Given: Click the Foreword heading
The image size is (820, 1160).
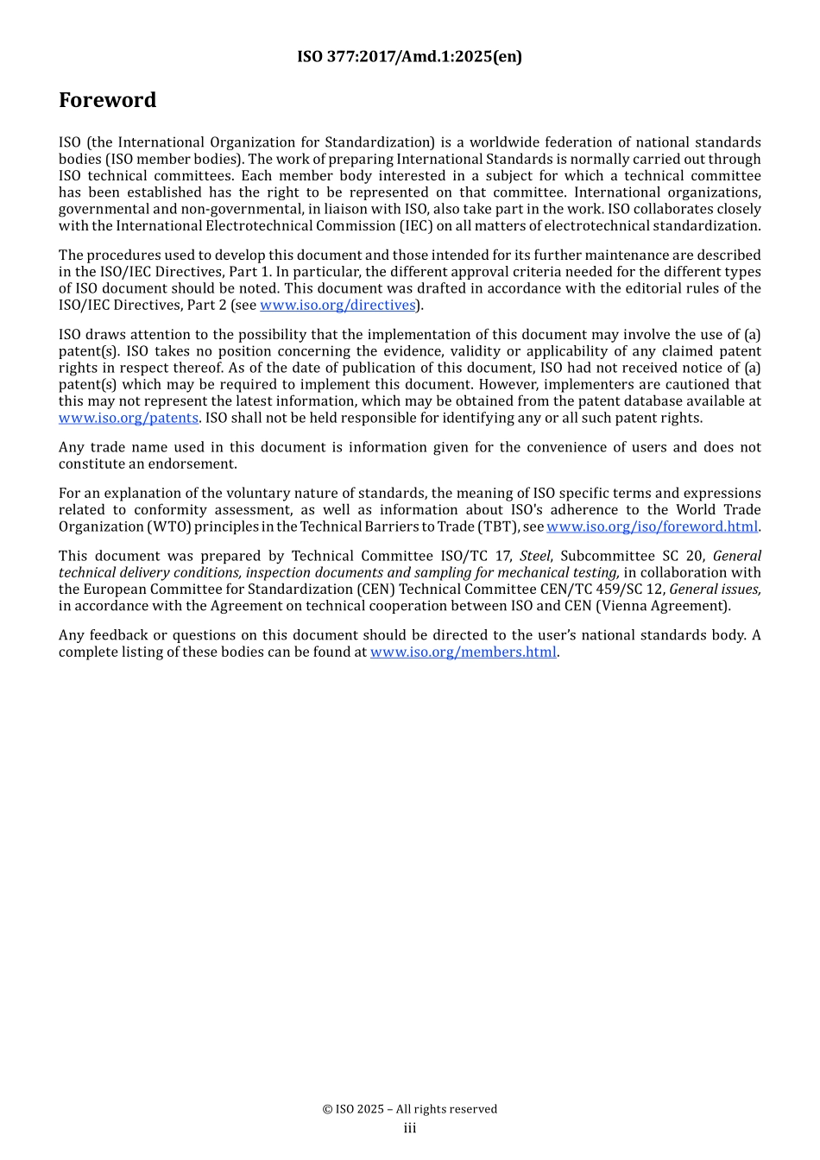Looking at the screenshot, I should coord(107,100).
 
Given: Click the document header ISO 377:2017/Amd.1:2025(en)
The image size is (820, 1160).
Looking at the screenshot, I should coord(409,57).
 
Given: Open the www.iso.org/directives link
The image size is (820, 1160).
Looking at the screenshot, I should coord(337,306).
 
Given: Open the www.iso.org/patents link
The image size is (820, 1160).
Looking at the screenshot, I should coord(129,419).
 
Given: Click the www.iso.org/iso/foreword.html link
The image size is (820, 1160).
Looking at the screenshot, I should coord(652,527).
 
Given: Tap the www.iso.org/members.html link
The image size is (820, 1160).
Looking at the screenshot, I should coord(463,652).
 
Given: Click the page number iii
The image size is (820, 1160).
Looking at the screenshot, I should coord(409,1129).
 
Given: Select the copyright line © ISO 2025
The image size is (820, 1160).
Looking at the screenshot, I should coord(409,1110).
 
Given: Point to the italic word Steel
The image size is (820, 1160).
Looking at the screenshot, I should coord(534,557).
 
